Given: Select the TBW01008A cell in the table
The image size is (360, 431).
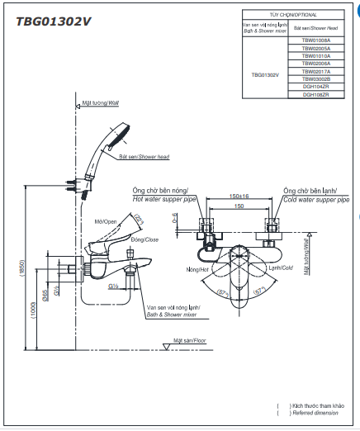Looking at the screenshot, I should point(315,40).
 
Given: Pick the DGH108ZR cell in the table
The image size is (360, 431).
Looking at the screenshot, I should point(315,95).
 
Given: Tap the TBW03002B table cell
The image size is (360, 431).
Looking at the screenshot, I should point(315,79).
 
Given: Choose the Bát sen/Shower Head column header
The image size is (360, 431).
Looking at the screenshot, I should point(315,28).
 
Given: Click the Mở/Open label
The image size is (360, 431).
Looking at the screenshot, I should point(105,221).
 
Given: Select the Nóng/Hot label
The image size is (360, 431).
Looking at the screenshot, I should point(198,269).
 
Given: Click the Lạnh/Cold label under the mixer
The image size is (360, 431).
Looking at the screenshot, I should point(281,268).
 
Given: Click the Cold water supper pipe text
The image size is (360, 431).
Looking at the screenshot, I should point(315,201).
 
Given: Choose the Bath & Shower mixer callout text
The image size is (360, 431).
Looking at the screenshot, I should point(173,315).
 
